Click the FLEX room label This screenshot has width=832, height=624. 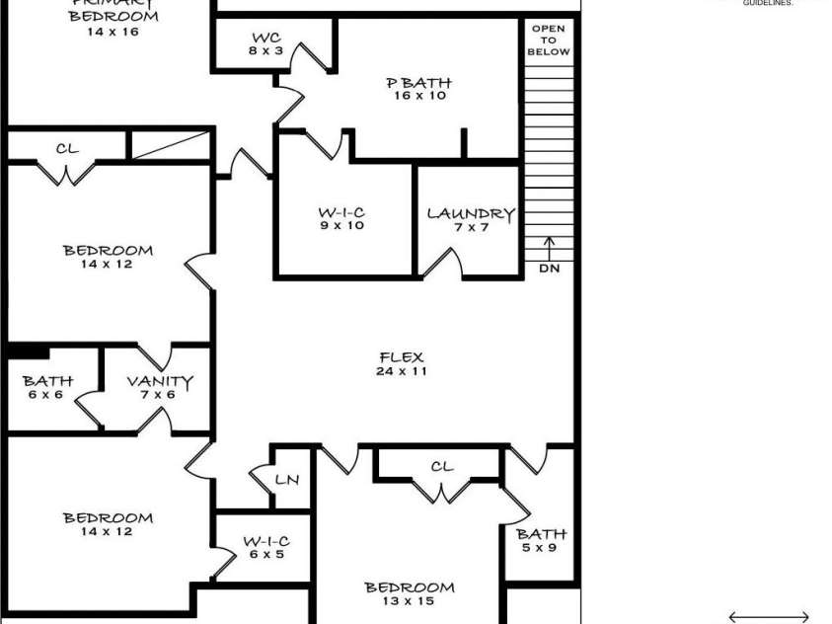[x=401, y=357]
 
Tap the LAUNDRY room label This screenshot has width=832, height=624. [x=470, y=213]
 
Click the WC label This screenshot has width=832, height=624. [x=266, y=39]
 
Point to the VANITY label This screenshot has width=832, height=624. [x=160, y=381]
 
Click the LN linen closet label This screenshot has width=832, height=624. [x=286, y=480]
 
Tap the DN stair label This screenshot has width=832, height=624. [x=549, y=269]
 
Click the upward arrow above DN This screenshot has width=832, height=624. [x=549, y=247]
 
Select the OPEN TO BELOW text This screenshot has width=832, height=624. [x=549, y=40]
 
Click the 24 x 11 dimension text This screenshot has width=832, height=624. [x=401, y=372]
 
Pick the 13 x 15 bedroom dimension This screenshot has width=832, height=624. [x=410, y=601]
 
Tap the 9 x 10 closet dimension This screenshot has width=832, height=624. [x=341, y=226]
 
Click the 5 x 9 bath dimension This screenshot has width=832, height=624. [x=541, y=548]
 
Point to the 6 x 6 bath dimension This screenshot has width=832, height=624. [x=46, y=395]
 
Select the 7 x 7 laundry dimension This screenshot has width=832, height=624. [x=470, y=227]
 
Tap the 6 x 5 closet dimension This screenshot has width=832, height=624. [x=266, y=555]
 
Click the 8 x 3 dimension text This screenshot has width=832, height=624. [x=266, y=51]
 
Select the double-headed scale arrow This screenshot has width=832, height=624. [x=769, y=616]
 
